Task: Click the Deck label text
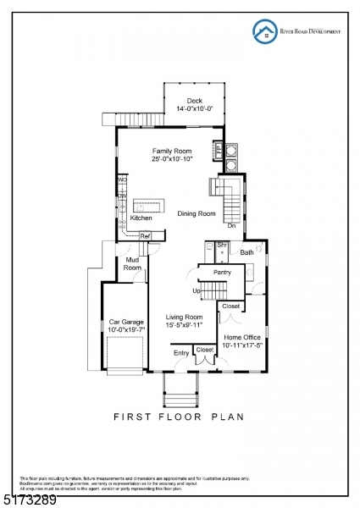click(195, 101)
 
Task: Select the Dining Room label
click(197, 214)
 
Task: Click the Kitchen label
click(141, 218)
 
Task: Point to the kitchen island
click(151, 207)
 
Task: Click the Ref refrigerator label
click(145, 236)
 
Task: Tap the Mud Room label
click(132, 263)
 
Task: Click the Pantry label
click(222, 273)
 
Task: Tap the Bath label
click(246, 252)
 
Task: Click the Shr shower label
click(222, 246)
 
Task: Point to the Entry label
click(181, 352)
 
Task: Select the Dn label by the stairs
click(231, 226)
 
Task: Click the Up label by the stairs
click(197, 290)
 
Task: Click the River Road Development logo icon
click(265, 31)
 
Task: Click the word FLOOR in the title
click(181, 417)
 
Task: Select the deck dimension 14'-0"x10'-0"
click(195, 109)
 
